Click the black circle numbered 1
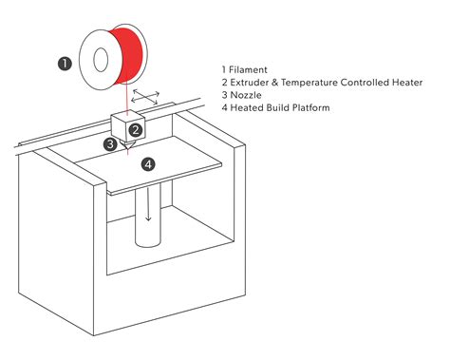coord(65,64)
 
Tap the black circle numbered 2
coord(136,130)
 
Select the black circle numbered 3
coord(111,144)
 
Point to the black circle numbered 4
coord(147,164)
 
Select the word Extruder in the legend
coord(253,83)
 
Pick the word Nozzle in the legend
coord(248,95)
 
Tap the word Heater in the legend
coord(404,83)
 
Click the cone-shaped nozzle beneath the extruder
coord(126,144)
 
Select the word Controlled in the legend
coord(367,83)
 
